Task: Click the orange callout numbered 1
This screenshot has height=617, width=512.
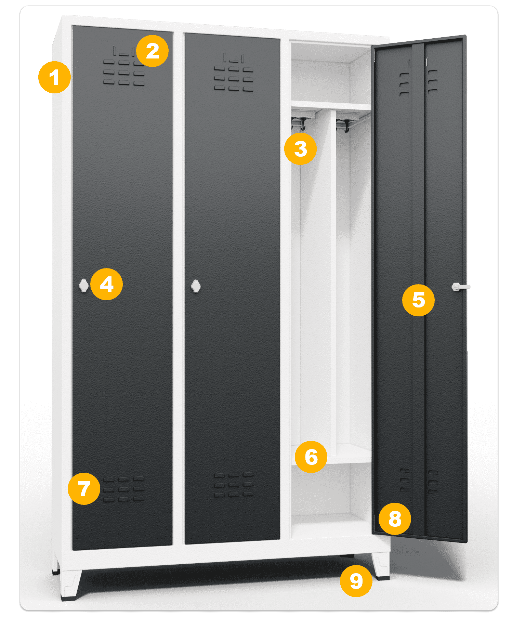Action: (54, 77)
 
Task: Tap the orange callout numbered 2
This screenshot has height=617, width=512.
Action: (152, 51)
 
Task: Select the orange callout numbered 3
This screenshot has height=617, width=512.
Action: (300, 149)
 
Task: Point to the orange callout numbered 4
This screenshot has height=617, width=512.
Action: (106, 284)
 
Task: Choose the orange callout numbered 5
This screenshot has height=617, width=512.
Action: (418, 300)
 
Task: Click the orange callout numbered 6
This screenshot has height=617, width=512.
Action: (311, 457)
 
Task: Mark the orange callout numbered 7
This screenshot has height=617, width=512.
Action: (84, 488)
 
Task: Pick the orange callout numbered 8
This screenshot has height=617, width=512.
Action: (395, 518)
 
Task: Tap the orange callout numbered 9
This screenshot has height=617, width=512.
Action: (356, 581)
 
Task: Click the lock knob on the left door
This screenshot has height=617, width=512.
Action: (83, 286)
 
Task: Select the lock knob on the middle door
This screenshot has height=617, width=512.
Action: (196, 286)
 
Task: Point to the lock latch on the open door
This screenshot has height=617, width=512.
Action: (460, 287)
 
